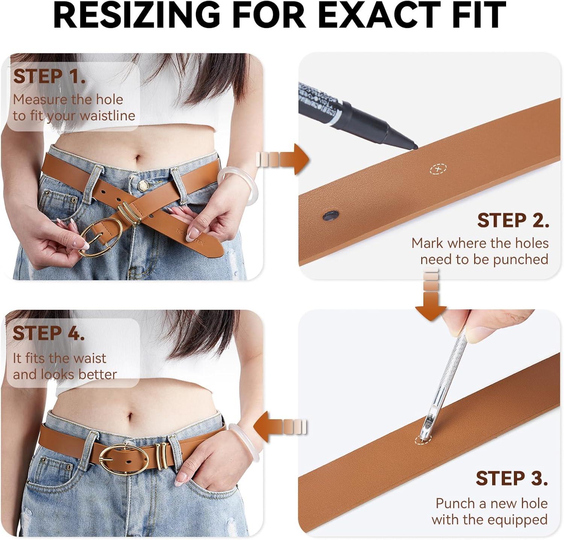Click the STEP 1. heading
pyautogui.click(x=49, y=76)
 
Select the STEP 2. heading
pyautogui.click(x=513, y=220)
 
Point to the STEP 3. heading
pyautogui.click(x=512, y=478)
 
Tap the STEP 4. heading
pyautogui.click(x=49, y=333)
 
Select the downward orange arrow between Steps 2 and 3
pyautogui.click(x=431, y=295)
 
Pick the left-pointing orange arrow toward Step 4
pyautogui.click(x=280, y=427)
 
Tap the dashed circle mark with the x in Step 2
pyautogui.click(x=438, y=170)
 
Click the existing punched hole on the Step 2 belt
pyautogui.click(x=331, y=215)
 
